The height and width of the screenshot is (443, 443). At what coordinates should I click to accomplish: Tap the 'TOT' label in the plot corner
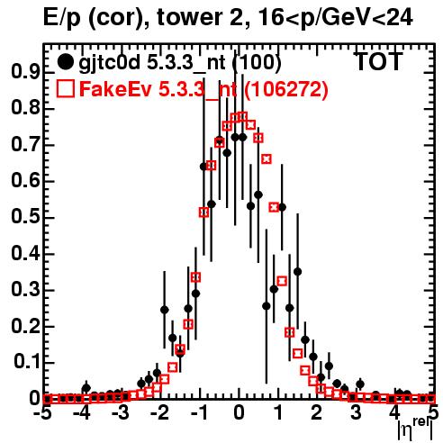(378, 61)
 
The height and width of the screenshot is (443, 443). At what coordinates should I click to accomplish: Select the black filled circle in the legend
(65, 62)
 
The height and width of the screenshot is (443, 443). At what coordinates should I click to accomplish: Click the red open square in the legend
(65, 89)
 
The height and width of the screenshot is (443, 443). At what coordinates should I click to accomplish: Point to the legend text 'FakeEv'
(115, 89)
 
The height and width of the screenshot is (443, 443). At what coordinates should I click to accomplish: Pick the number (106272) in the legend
(285, 89)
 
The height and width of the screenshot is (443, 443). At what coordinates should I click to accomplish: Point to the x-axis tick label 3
(357, 413)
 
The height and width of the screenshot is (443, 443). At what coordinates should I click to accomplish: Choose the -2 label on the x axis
(161, 413)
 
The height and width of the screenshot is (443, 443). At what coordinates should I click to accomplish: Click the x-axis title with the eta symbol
(415, 429)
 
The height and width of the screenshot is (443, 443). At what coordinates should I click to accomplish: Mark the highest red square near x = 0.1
(242, 116)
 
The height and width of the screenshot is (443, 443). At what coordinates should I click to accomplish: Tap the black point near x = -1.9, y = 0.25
(164, 310)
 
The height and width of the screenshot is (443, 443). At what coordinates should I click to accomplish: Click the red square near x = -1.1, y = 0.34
(195, 277)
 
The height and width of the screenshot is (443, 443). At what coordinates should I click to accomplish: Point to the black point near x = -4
(86, 388)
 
